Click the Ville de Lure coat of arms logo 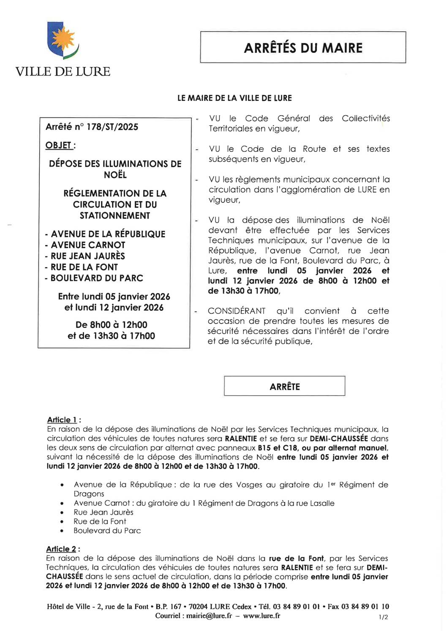[63, 41]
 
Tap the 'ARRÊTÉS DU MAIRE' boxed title [303, 48]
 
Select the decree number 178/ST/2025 [112, 127]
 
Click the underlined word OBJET [59, 146]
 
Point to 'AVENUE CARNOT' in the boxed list [88, 245]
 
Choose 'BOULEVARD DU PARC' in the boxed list [97, 278]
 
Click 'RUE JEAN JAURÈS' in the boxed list [88, 256]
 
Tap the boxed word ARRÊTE [284, 386]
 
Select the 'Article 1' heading [62, 420]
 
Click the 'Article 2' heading [61, 549]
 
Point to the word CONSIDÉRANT [236, 311]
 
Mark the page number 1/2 [383, 617]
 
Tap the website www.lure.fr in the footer [262, 616]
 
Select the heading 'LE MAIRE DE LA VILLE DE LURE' [234, 98]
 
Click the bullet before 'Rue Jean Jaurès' [62, 512]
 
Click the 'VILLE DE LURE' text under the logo [63, 72]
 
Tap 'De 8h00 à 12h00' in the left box [112, 325]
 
